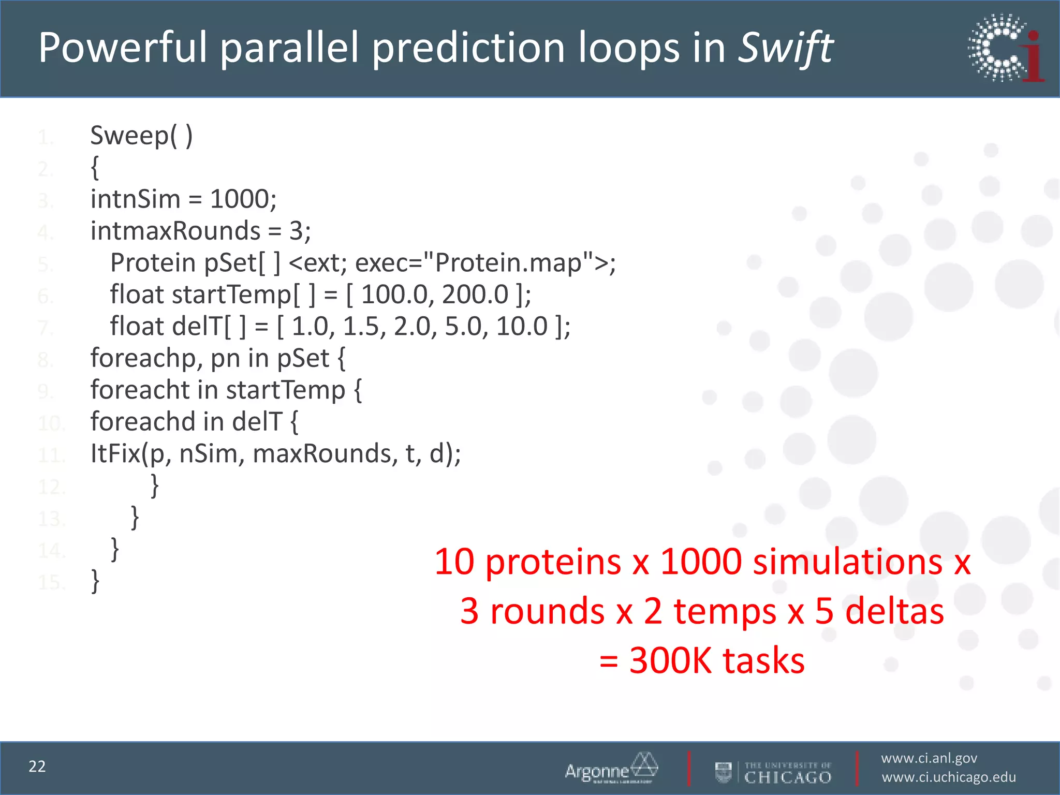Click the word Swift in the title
(785, 48)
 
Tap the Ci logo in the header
(1006, 48)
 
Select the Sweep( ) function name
(141, 136)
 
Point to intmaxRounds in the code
(175, 231)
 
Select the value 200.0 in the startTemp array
(475, 295)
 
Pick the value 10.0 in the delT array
(521, 327)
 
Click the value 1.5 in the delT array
(361, 327)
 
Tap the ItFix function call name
(115, 453)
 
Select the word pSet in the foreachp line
(303, 358)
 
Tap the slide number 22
(37, 767)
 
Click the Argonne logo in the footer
(611, 768)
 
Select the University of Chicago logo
(774, 772)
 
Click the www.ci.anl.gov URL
(929, 758)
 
